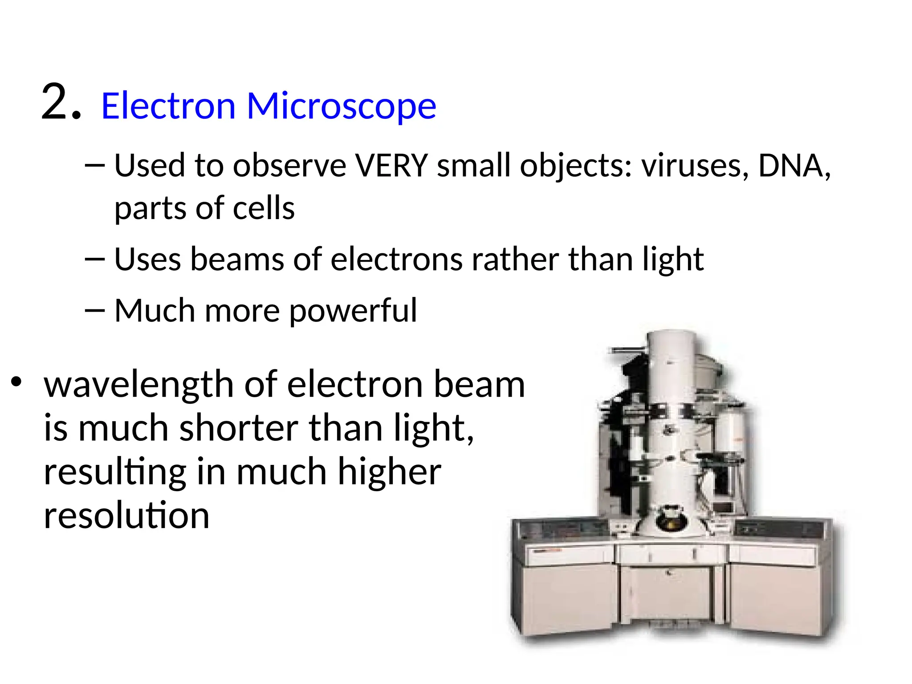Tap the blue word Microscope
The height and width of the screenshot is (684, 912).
[x=341, y=107]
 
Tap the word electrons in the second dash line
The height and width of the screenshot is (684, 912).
[x=396, y=259]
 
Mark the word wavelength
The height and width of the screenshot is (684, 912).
[x=138, y=384]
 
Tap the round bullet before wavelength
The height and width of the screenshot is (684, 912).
[x=16, y=382]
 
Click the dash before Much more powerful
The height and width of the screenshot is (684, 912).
[x=94, y=310]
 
